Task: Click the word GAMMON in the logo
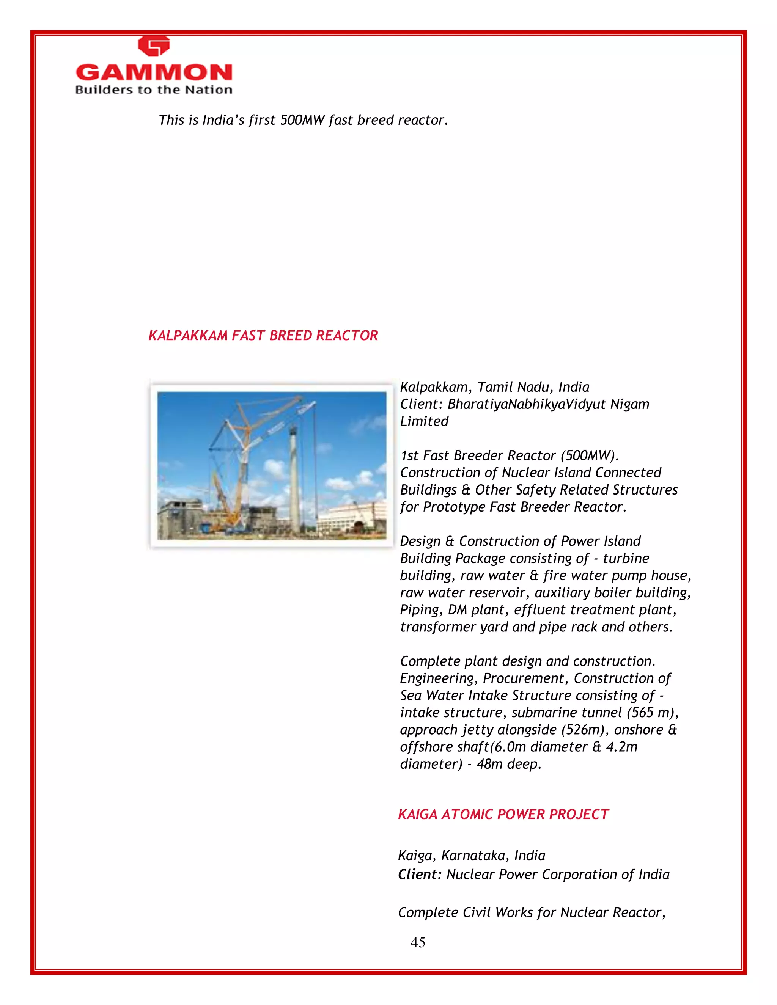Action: click(154, 73)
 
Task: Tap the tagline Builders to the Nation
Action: click(154, 90)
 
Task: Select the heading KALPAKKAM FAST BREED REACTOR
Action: click(263, 336)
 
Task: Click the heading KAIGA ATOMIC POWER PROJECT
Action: click(503, 815)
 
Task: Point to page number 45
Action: click(417, 942)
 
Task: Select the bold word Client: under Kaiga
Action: click(420, 874)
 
